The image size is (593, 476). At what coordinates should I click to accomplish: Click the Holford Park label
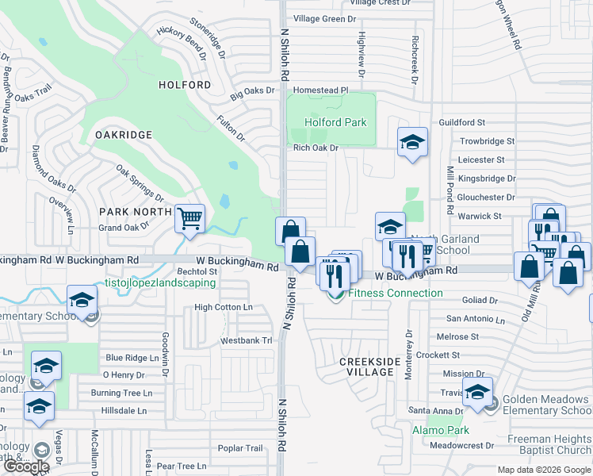click(x=336, y=122)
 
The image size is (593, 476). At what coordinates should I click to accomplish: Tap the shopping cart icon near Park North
click(x=189, y=218)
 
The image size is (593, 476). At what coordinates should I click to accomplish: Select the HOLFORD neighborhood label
click(x=185, y=85)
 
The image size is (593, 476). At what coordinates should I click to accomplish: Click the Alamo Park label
click(x=440, y=430)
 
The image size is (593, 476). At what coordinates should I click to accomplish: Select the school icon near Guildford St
click(x=411, y=143)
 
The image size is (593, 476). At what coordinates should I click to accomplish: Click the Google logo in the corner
click(x=25, y=466)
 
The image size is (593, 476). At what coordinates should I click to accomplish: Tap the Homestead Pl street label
click(x=322, y=90)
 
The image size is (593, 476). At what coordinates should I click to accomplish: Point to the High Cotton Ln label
click(x=223, y=307)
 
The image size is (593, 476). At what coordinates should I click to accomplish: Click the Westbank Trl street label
click(x=246, y=341)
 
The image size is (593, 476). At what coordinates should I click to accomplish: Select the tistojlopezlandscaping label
click(x=161, y=282)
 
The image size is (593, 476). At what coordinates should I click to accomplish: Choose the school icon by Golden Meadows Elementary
click(x=477, y=393)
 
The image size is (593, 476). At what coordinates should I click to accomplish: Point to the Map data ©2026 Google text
click(x=543, y=470)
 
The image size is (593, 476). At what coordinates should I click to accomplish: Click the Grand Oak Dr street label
click(x=123, y=228)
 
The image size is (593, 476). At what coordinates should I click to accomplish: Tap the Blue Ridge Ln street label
click(x=132, y=358)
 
